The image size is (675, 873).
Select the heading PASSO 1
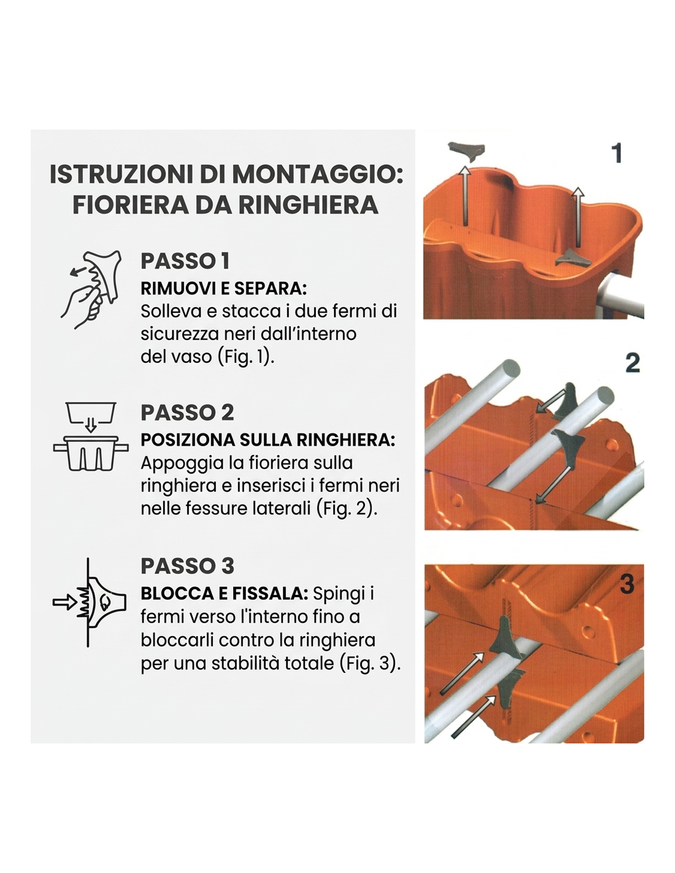point(185,261)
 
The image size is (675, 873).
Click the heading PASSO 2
point(187,413)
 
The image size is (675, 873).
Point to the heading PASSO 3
point(187,566)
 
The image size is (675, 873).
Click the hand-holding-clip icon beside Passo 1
point(91,289)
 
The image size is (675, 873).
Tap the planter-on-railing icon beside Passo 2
point(91,437)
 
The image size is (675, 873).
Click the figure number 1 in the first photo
point(616,153)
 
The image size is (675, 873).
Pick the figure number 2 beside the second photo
point(633,363)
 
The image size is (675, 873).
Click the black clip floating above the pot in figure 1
point(466,152)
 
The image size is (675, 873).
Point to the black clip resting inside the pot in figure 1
point(573,258)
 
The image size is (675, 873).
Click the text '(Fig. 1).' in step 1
point(245,356)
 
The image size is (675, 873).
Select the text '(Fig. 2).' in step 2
point(347,508)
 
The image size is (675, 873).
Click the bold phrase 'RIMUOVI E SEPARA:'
point(223,289)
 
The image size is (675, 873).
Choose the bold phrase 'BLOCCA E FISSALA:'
point(224,594)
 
